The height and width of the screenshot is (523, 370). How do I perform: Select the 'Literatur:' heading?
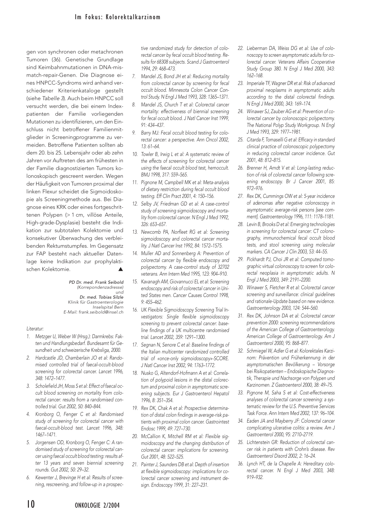[x=35, y=329]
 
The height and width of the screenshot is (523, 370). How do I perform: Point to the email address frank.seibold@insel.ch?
[x=101, y=312]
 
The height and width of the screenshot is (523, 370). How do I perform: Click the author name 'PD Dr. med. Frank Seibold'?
[x=96, y=282]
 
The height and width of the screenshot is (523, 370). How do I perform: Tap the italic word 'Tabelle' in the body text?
[x=51, y=98]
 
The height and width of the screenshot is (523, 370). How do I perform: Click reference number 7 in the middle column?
[x=134, y=76]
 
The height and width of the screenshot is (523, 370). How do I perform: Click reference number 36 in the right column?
[x=241, y=464]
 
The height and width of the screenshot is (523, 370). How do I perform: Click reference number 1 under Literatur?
[x=28, y=336]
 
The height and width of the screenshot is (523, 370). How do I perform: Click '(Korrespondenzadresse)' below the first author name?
[x=100, y=287]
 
